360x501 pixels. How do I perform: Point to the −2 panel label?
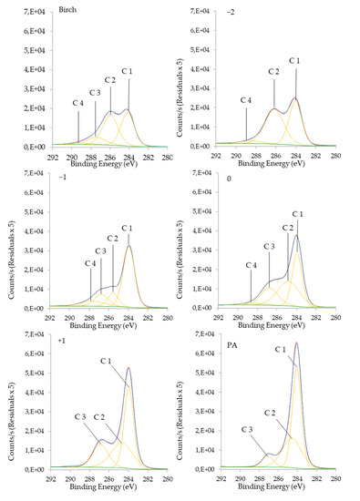click(x=239, y=12)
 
